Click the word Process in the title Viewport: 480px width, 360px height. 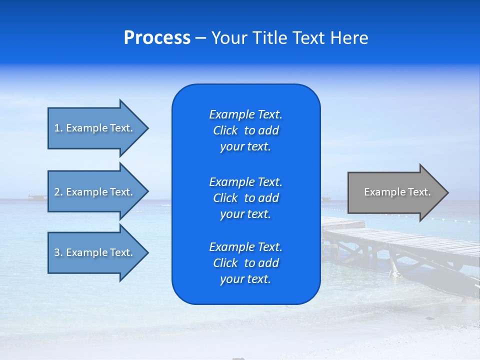157,38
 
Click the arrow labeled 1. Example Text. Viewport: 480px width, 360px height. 95,128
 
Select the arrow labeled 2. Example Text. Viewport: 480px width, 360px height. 95,192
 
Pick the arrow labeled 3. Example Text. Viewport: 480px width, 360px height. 95,252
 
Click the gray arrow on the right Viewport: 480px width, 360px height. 395,192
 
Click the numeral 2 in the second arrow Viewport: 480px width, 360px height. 57,192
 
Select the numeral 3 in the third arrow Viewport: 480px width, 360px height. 57,252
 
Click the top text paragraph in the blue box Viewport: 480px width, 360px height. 245,130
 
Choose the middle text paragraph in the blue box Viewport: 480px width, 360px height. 245,197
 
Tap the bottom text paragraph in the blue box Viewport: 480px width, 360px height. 245,263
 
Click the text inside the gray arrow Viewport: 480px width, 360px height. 397,192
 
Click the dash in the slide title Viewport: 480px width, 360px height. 200,38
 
